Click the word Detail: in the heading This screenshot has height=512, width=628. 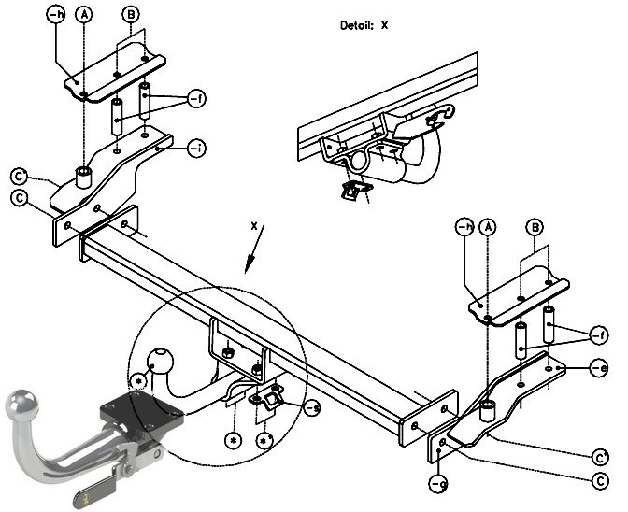tap(357, 25)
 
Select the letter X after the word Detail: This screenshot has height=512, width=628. tap(384, 25)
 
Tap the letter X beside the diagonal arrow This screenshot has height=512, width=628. tap(254, 226)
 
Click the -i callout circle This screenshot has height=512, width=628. tap(196, 149)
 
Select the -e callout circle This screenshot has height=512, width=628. tap(600, 367)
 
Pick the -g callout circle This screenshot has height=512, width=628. tap(438, 483)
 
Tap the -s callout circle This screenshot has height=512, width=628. tap(313, 408)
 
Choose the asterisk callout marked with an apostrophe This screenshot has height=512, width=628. tap(264, 441)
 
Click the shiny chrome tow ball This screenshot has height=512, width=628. tap(21, 404)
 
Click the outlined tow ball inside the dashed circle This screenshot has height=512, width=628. tap(161, 361)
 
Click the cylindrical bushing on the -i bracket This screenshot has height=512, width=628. tap(84, 178)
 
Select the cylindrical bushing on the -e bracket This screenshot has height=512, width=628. tap(488, 411)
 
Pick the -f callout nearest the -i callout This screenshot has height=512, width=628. tap(196, 98)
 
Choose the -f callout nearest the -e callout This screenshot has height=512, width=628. tap(599, 335)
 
